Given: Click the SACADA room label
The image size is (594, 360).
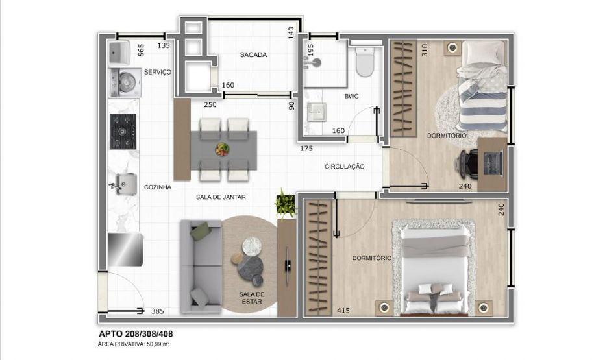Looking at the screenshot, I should pyautogui.click(x=253, y=55).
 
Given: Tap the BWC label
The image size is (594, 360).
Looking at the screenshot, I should pyautogui.click(x=352, y=97).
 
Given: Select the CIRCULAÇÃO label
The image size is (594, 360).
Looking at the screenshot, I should pyautogui.click(x=345, y=167).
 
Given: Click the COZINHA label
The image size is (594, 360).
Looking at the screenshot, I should pyautogui.click(x=157, y=187).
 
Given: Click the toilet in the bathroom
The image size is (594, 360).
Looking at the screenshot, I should pyautogui.click(x=365, y=63).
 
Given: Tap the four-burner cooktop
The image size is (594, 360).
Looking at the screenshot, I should pyautogui.click(x=123, y=131).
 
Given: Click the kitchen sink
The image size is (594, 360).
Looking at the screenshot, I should pyautogui.click(x=122, y=184).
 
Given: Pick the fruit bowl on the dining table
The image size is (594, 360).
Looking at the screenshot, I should pyautogui.click(x=222, y=149).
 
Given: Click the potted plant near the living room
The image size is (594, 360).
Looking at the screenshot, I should pyautogui.click(x=284, y=203).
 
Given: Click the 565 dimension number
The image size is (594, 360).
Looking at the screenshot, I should pyautogui.click(x=141, y=51).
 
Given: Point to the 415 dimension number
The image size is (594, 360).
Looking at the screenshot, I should pyautogui.click(x=343, y=311).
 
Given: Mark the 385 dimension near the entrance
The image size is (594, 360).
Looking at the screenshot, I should pyautogui.click(x=157, y=311).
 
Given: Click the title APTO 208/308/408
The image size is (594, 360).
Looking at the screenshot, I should pyautogui.click(x=135, y=334).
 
